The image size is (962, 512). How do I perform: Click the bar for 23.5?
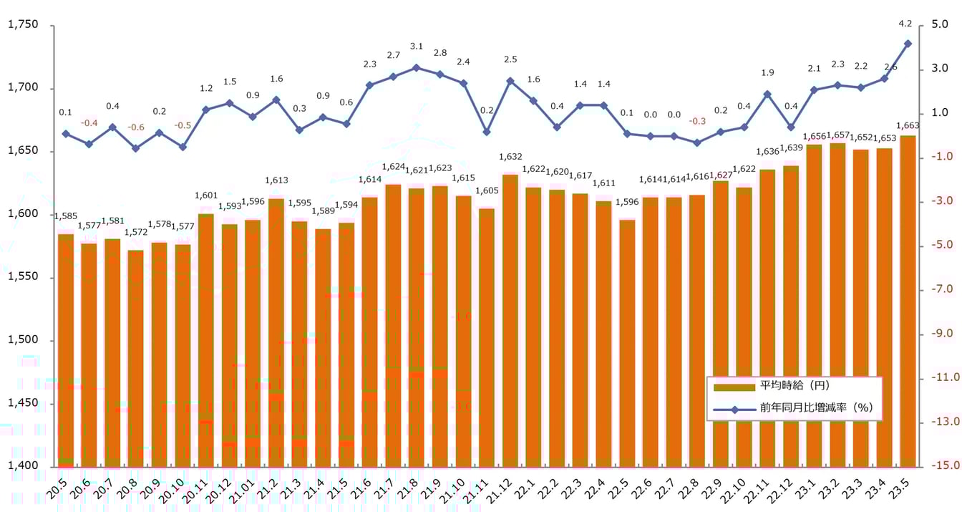pos(908,301)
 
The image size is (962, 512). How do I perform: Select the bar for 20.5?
pos(66,350)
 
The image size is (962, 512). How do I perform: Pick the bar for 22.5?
pos(627,343)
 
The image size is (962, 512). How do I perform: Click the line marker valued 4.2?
pos(908,44)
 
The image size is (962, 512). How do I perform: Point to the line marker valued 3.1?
pos(416,67)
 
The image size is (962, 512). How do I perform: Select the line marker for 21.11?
pos(487,132)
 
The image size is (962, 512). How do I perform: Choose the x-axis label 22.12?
pos(787,487)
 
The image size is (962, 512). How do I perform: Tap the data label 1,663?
pos(908,126)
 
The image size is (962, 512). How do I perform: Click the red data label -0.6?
pos(136,127)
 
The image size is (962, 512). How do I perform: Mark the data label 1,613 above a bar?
pos(276,180)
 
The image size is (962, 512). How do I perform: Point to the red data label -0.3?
pos(697,121)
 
